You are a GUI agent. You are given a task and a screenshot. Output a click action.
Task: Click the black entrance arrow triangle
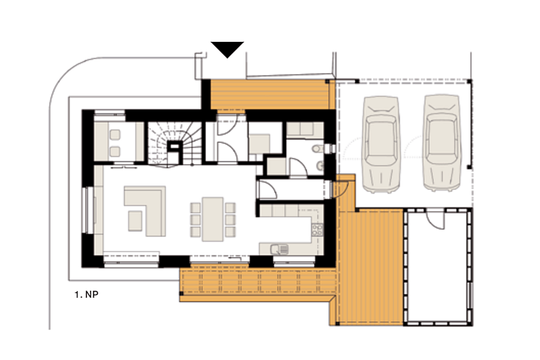coord(227,49)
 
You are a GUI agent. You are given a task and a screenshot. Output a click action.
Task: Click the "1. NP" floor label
coord(86,294)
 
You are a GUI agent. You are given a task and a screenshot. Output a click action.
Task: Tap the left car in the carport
coord(381,144)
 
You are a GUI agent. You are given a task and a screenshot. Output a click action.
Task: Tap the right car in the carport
coord(442,143)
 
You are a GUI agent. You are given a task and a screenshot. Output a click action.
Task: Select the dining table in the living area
coord(213,219)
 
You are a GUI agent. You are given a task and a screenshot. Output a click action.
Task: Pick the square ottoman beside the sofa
coord(135,221)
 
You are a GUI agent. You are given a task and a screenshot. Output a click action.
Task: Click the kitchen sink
coord(279,249)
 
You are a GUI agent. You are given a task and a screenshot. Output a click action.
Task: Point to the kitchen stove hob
coord(317,230)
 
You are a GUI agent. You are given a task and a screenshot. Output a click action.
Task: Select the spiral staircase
coord(175,143)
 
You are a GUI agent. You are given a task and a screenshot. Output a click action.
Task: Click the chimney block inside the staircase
coord(175,151)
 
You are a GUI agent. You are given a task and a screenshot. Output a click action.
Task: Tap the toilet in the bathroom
coord(317,149)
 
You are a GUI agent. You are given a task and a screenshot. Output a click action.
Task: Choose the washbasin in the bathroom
coord(319,166)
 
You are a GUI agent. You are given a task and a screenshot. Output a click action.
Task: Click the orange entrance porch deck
coord(269,95)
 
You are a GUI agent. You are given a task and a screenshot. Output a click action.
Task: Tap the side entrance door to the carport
coord(341,189)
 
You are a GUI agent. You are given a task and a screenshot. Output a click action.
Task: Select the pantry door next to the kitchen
coord(268,190)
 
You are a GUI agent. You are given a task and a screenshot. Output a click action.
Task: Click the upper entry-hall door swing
coord(227,125)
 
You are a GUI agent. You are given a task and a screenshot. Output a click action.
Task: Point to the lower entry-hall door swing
coord(227,151)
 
